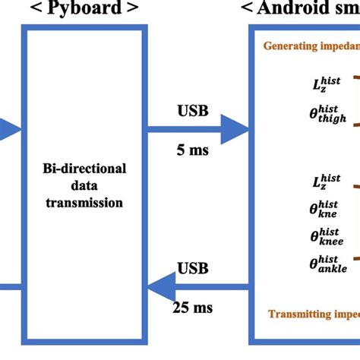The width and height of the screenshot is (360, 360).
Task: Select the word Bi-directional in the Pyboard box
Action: pyautogui.click(x=84, y=168)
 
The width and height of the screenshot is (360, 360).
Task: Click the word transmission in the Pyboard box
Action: pyautogui.click(x=84, y=203)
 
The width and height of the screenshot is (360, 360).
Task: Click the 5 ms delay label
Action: pyautogui.click(x=193, y=150)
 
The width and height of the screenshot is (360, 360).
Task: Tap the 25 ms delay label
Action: pyautogui.click(x=193, y=308)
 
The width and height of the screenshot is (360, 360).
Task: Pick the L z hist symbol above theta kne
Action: pyautogui.click(x=326, y=182)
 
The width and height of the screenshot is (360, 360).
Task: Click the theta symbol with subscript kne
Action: pyautogui.click(x=326, y=209)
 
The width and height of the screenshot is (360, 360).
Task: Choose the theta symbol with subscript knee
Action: pyautogui.click(x=327, y=236)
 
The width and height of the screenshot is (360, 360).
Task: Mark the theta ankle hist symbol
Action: pyautogui.click(x=327, y=264)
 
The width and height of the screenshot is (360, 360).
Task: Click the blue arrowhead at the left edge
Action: pyautogui.click(x=8, y=130)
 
